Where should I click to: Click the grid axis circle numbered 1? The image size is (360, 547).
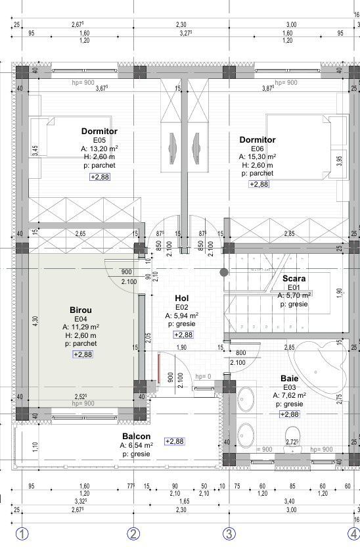coord(22,534)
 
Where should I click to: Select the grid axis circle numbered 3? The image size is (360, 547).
coord(229,534)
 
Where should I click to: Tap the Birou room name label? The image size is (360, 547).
coord(81,310)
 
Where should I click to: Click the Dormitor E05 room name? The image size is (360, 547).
coord(99,131)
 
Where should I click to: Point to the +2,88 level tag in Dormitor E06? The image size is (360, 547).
coord(258,185)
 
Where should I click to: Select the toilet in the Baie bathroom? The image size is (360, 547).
coord(292,447)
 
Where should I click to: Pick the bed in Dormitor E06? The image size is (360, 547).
coord(305,146)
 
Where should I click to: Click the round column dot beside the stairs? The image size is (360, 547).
coord(224,272)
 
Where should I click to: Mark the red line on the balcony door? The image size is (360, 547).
coord(159,371)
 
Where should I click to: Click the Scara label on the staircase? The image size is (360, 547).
coord(294,279)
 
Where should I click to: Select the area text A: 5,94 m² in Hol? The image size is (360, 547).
coord(182,316)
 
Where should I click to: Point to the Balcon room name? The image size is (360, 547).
coord(136,437)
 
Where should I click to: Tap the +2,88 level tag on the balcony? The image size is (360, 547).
coord(175,441)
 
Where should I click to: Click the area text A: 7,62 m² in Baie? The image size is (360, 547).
coord(289,396)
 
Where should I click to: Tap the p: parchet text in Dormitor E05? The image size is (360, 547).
coord(99,166)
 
